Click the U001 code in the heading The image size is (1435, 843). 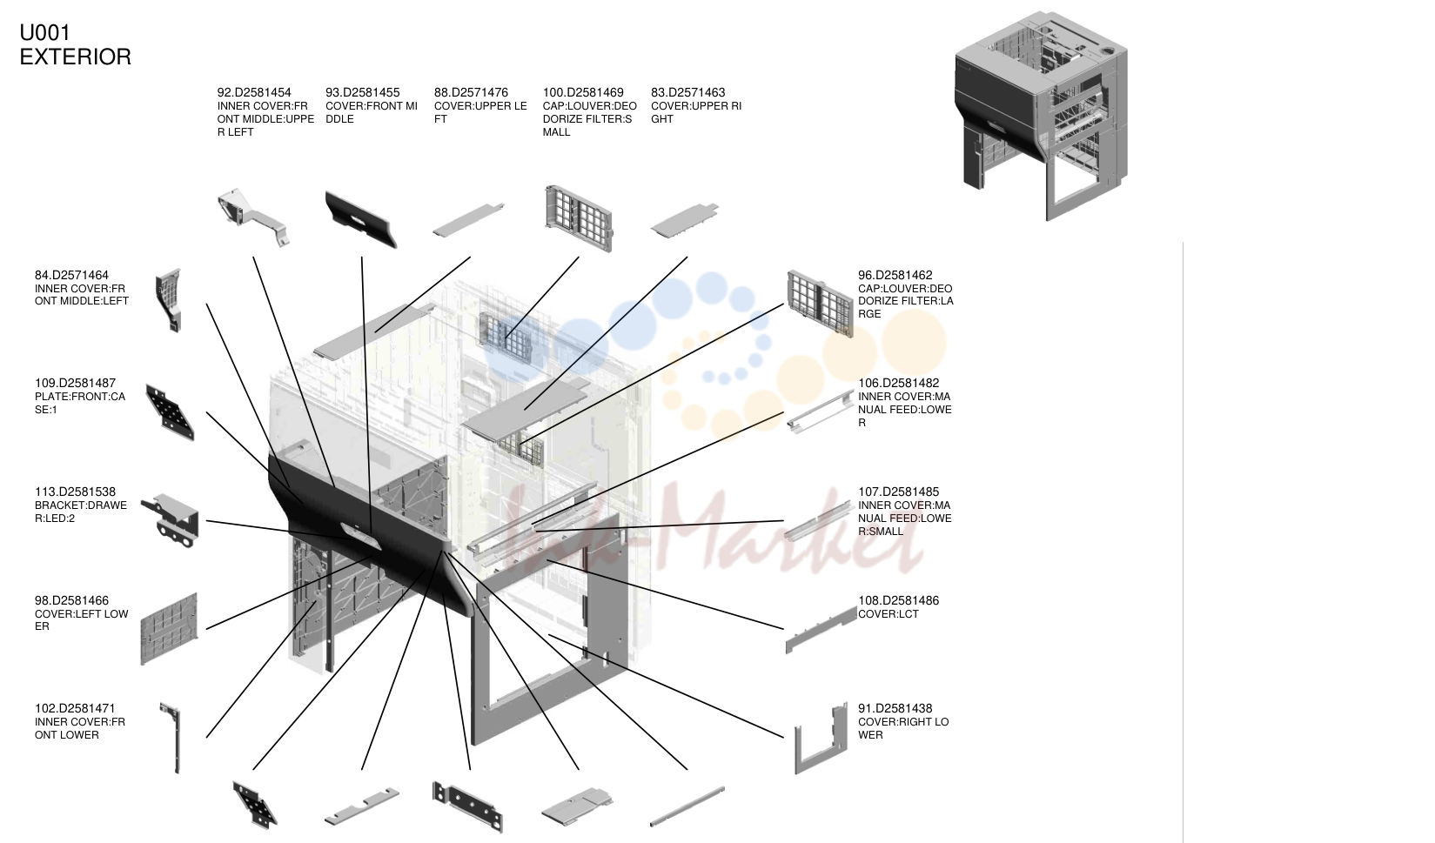pyautogui.click(x=44, y=33)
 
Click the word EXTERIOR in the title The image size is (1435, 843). pyautogui.click(x=75, y=57)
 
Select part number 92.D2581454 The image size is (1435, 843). pyautogui.click(x=254, y=93)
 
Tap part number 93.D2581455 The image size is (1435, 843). pyautogui.click(x=363, y=93)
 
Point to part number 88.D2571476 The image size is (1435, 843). pyautogui.click(x=471, y=93)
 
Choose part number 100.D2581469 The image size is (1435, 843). pyautogui.click(x=583, y=93)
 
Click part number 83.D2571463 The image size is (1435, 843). pyautogui.click(x=688, y=93)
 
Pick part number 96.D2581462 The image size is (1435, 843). pyautogui.click(x=895, y=276)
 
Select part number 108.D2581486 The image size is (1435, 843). pyautogui.click(x=898, y=601)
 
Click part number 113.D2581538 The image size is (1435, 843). pyautogui.click(x=75, y=492)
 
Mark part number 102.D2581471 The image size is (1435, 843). pyautogui.click(x=75, y=708)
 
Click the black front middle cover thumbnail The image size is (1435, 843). pyautogui.click(x=360, y=219)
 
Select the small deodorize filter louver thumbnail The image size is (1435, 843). pyautogui.click(x=579, y=217)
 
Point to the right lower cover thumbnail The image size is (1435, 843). pyautogui.click(x=821, y=739)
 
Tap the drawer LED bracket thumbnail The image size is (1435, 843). pyautogui.click(x=171, y=521)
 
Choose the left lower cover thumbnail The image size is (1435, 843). pyautogui.click(x=169, y=629)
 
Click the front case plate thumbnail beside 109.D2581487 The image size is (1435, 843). pyautogui.click(x=170, y=411)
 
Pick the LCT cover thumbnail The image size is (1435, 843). pyautogui.click(x=821, y=631)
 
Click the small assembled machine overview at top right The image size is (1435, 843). pyautogui.click(x=1041, y=116)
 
